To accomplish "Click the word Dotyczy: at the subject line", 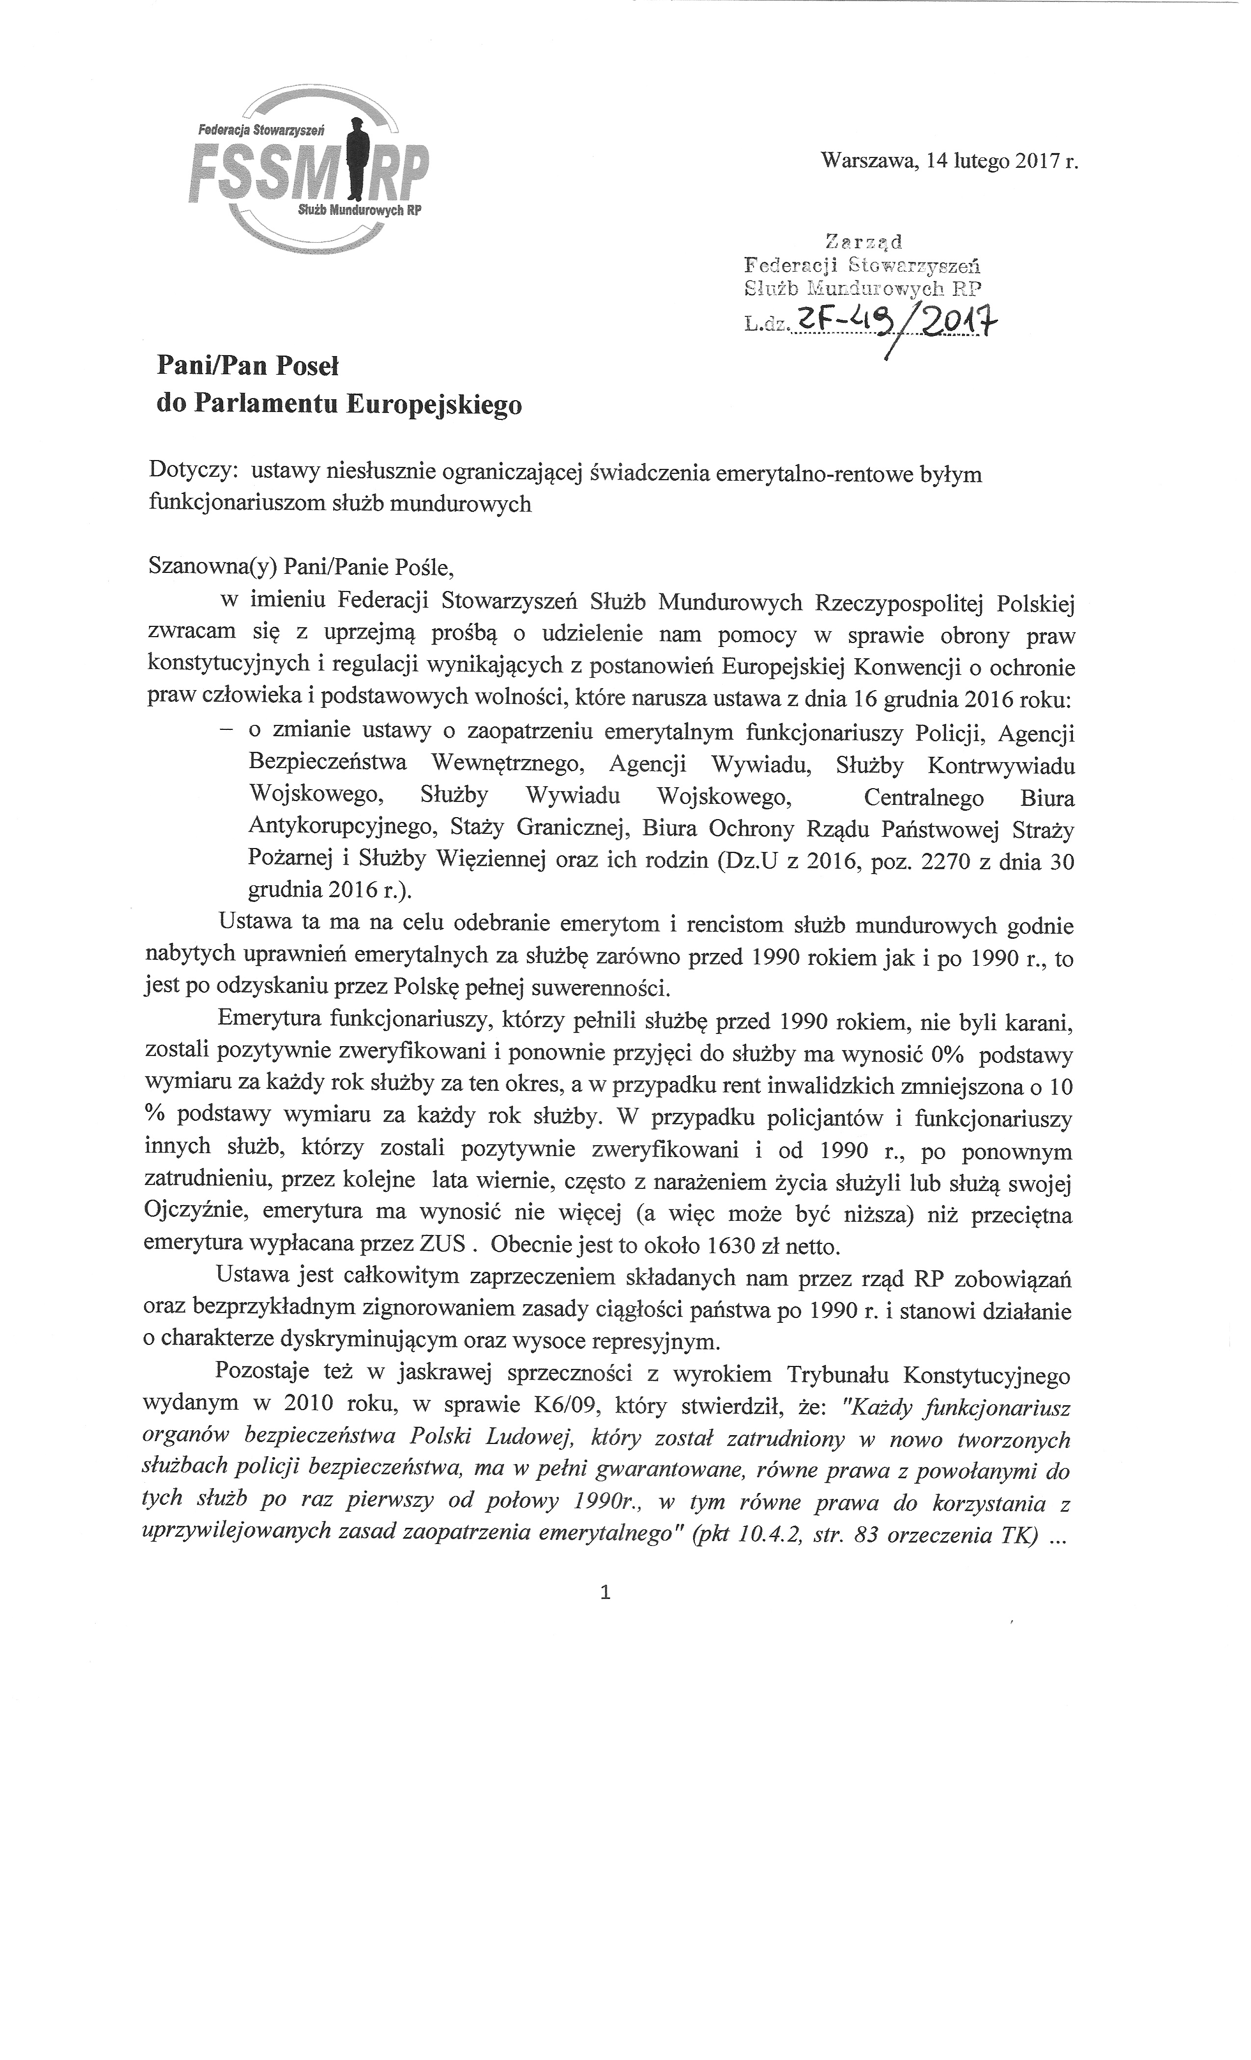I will click(x=194, y=473).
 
